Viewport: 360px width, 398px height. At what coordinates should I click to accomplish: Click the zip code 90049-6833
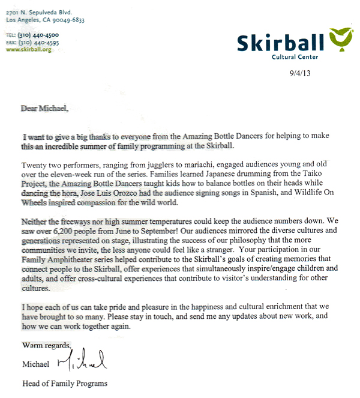67,20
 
